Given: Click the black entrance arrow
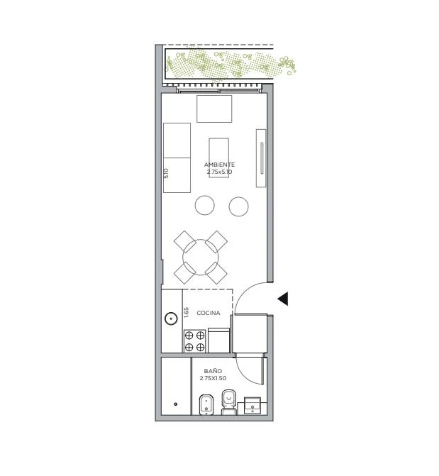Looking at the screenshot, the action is (284, 299).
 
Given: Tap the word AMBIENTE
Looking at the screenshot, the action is (219, 165).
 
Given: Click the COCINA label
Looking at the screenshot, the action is (209, 313).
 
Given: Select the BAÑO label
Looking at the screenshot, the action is (213, 371).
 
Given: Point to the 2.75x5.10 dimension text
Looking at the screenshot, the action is (219, 172).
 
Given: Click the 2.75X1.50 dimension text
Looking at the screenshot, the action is (213, 378).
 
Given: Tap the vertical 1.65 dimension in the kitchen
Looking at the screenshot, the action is (187, 313).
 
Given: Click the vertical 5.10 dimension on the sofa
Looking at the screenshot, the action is (166, 173).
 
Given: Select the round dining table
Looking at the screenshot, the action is (201, 258).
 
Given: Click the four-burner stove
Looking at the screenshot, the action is (194, 341).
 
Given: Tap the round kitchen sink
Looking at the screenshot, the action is (171, 319).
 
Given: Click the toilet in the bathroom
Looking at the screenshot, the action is (229, 402).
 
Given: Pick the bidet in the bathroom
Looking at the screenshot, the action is (206, 404).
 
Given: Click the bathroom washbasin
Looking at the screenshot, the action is (252, 405).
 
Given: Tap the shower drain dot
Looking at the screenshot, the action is (175, 404).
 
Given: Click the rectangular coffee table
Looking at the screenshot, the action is (219, 158).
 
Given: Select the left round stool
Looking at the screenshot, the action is (205, 206).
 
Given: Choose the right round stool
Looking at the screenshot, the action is (238, 206).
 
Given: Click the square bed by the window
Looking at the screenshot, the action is (214, 109).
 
